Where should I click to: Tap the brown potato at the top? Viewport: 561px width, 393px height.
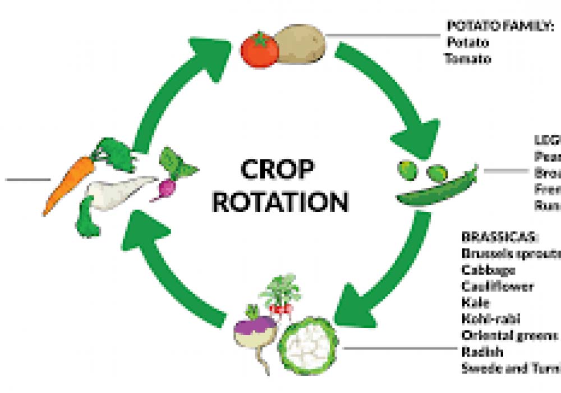(301, 43)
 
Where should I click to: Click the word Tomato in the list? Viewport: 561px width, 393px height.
(468, 58)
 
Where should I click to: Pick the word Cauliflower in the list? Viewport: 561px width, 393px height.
(498, 286)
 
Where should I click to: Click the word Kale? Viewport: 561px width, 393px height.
(476, 303)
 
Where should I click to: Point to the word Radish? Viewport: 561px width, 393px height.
(482, 352)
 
